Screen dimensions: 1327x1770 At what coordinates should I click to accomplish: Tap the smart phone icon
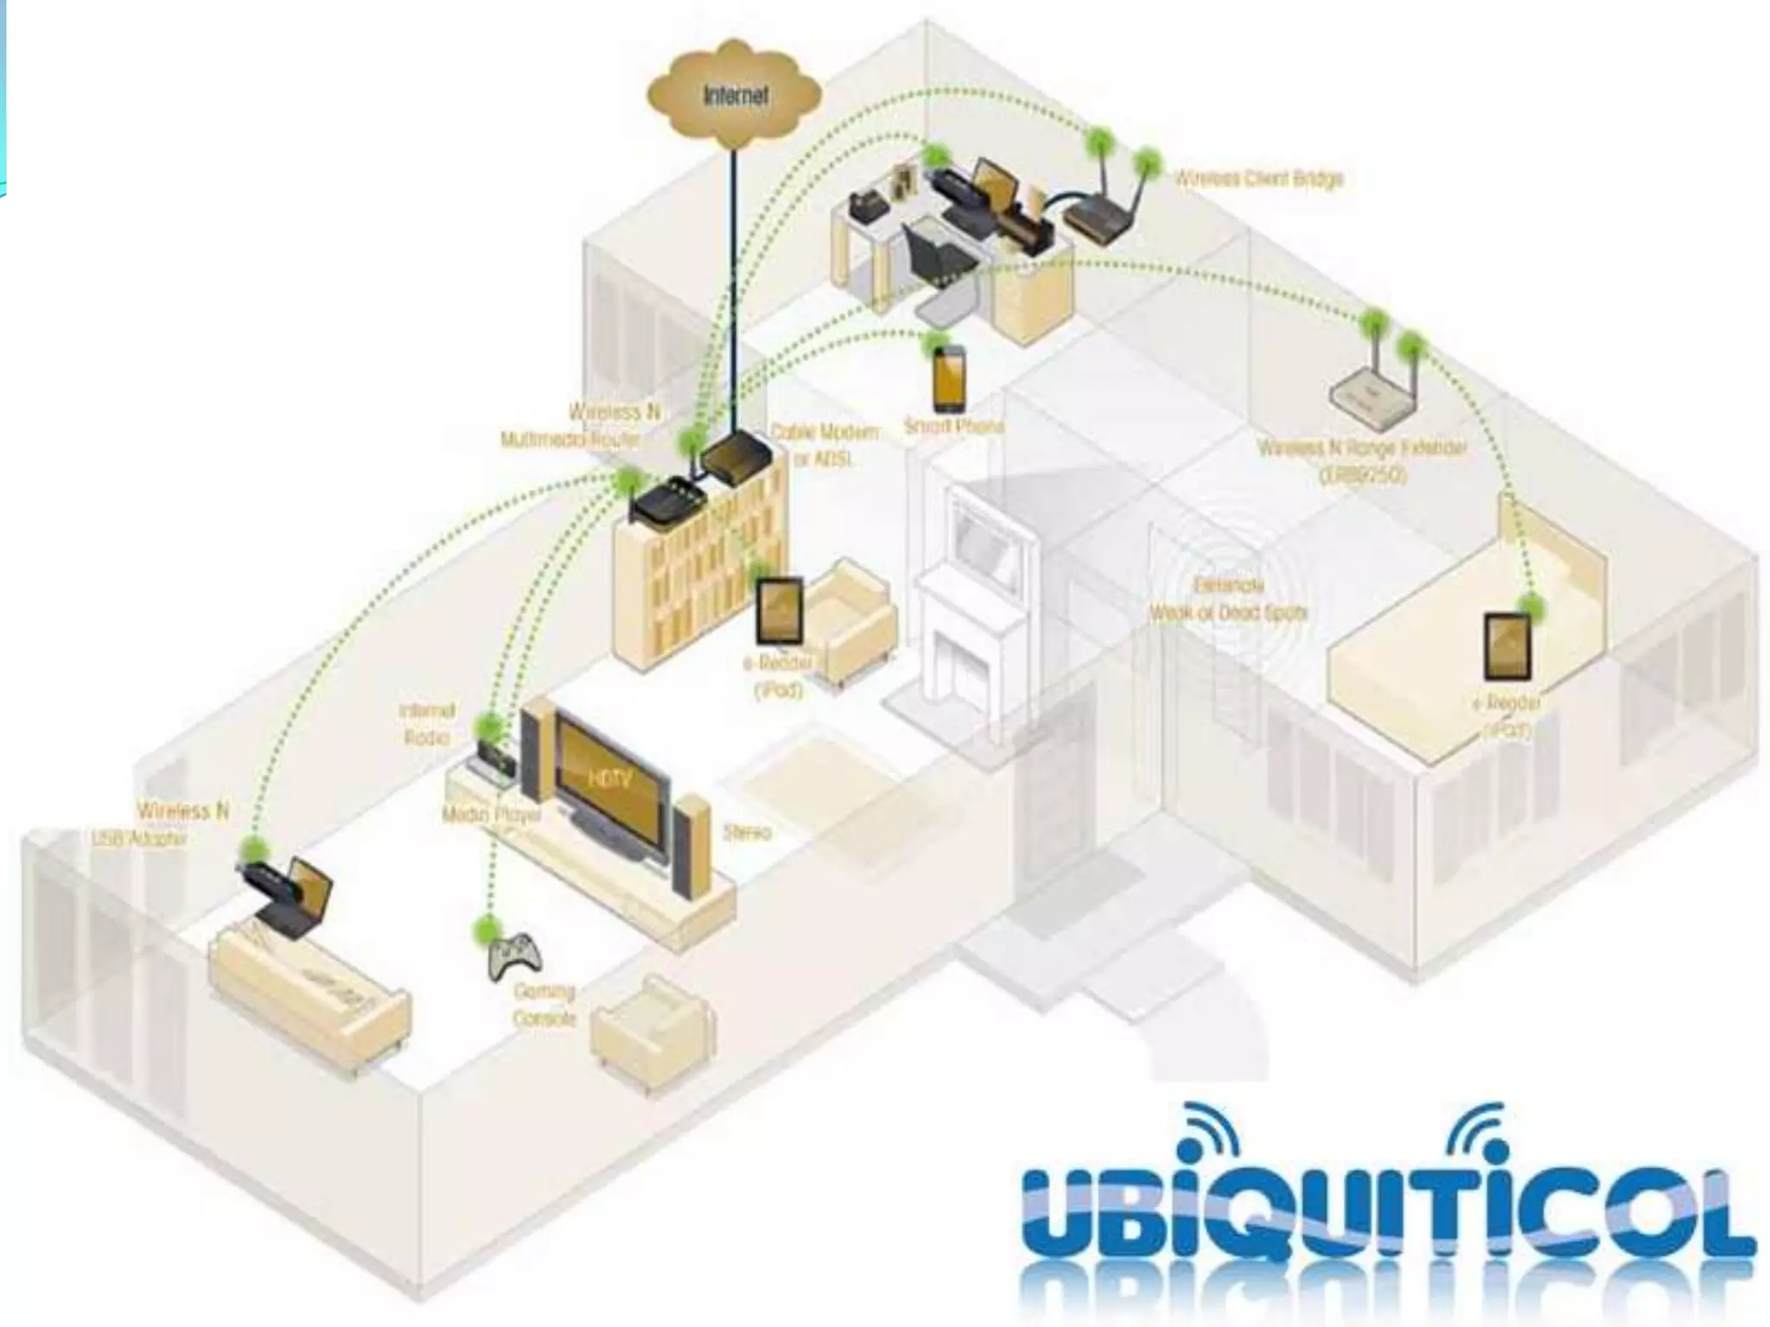click(x=948, y=381)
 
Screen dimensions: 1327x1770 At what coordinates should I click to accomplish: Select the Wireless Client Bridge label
click(x=1257, y=179)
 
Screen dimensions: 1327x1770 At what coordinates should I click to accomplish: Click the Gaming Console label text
click(x=544, y=1005)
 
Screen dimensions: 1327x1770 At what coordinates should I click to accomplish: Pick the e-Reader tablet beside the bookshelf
click(x=780, y=611)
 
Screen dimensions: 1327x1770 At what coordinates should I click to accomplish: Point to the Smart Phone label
click(x=953, y=427)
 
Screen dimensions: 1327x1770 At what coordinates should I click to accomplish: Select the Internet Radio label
click(x=426, y=724)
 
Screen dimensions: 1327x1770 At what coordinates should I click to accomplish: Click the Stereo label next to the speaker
click(x=747, y=833)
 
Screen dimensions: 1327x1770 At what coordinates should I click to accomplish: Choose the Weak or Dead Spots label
click(x=1228, y=600)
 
